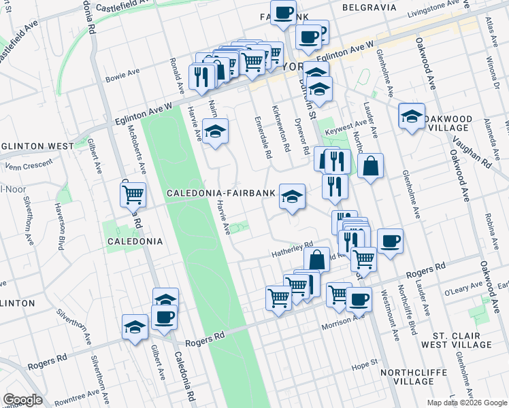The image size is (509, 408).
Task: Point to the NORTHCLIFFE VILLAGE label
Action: coord(416,377)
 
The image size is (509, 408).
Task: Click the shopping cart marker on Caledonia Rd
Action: coord(133,194)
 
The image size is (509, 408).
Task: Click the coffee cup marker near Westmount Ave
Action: coord(390,241)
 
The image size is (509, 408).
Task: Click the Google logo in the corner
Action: coord(22,400)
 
